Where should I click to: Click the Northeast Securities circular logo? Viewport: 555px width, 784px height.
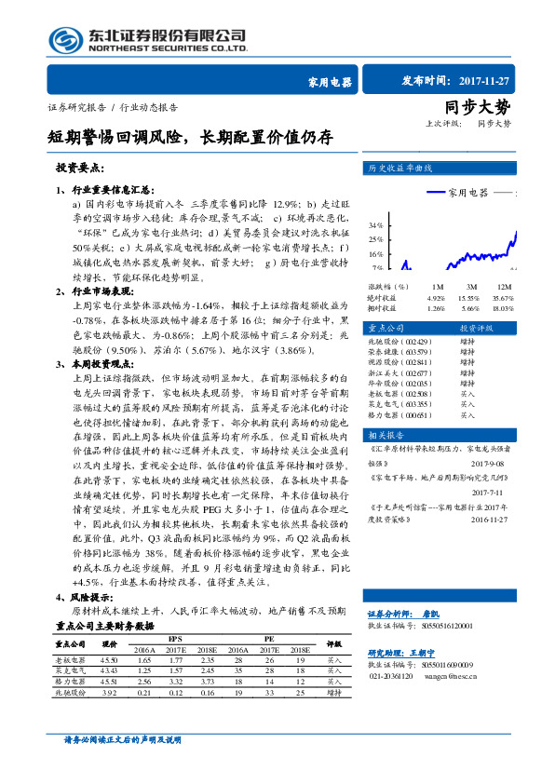point(67,40)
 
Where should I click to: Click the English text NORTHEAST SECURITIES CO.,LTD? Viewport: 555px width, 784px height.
point(168,47)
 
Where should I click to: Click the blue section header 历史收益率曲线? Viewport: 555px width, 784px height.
point(402,169)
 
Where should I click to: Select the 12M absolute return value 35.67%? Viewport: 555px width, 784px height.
point(503,297)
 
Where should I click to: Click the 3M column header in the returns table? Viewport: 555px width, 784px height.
point(471,287)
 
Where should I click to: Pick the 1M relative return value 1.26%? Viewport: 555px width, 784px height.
point(436,307)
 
